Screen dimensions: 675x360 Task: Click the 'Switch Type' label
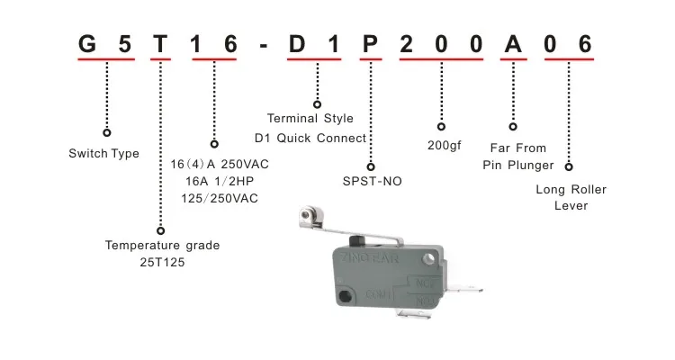click(103, 154)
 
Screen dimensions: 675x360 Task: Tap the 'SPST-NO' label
click(372, 181)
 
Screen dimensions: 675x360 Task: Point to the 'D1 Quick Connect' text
click(310, 138)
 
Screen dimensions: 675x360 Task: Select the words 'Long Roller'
click(571, 190)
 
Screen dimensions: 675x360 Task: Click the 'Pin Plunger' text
click(519, 165)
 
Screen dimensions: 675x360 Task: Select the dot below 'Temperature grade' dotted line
click(161, 231)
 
